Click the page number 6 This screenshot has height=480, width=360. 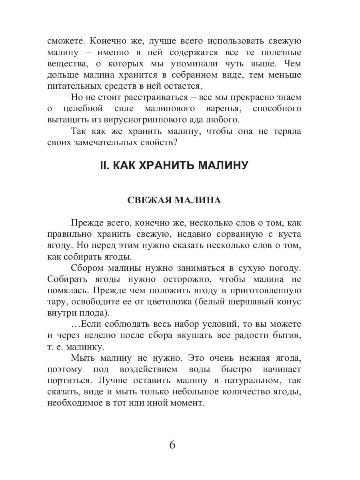pyautogui.click(x=172, y=445)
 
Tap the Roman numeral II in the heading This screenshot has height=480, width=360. pyautogui.click(x=104, y=165)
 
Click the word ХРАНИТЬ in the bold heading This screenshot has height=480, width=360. pyautogui.click(x=160, y=165)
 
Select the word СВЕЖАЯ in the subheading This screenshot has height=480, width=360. pyautogui.click(x=146, y=200)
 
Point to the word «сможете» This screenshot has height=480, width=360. pyautogui.click(x=66, y=41)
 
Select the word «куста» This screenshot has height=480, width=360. pyautogui.click(x=289, y=234)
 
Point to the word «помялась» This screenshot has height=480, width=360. pyautogui.click(x=66, y=290)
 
